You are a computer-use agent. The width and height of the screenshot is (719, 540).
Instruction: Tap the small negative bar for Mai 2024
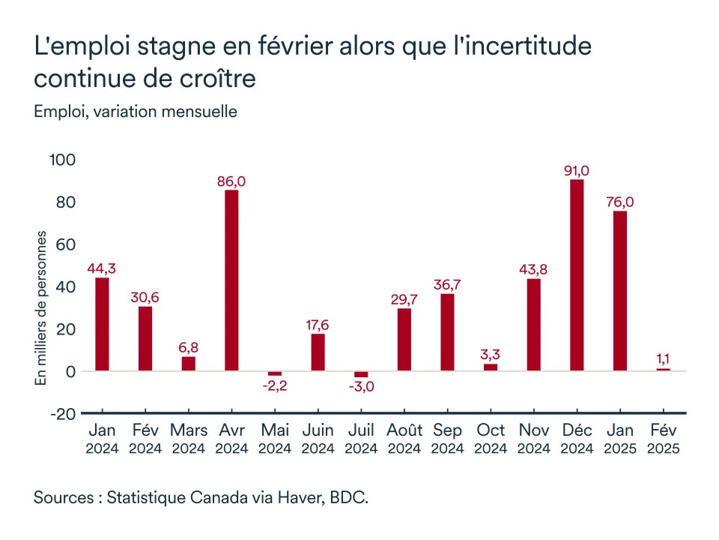pyautogui.click(x=275, y=373)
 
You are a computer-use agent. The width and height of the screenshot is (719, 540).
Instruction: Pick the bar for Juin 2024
pyautogui.click(x=318, y=352)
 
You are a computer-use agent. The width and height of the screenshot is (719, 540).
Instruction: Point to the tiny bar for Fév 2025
pyautogui.click(x=663, y=370)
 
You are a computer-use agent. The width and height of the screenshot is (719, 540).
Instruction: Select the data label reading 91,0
pyautogui.click(x=577, y=170)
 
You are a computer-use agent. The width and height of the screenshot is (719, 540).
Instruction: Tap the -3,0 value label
pyautogui.click(x=361, y=387)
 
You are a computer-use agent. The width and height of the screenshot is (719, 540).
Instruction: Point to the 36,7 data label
pyautogui.click(x=447, y=284)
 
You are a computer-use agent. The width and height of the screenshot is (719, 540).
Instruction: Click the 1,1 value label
pyautogui.click(x=663, y=359)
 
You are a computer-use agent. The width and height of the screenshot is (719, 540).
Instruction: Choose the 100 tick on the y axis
pyautogui.click(x=62, y=160)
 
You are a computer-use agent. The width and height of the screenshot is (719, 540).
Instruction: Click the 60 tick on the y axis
pyautogui.click(x=67, y=244)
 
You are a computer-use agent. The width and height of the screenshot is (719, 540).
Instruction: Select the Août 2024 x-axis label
pyautogui.click(x=404, y=439)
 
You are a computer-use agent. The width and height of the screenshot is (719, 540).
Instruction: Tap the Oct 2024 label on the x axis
pyautogui.click(x=491, y=439)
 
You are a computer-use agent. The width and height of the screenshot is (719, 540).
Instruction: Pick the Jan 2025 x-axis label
pyautogui.click(x=620, y=439)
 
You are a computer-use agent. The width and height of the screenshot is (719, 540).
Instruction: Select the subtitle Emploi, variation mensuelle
pyautogui.click(x=136, y=112)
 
